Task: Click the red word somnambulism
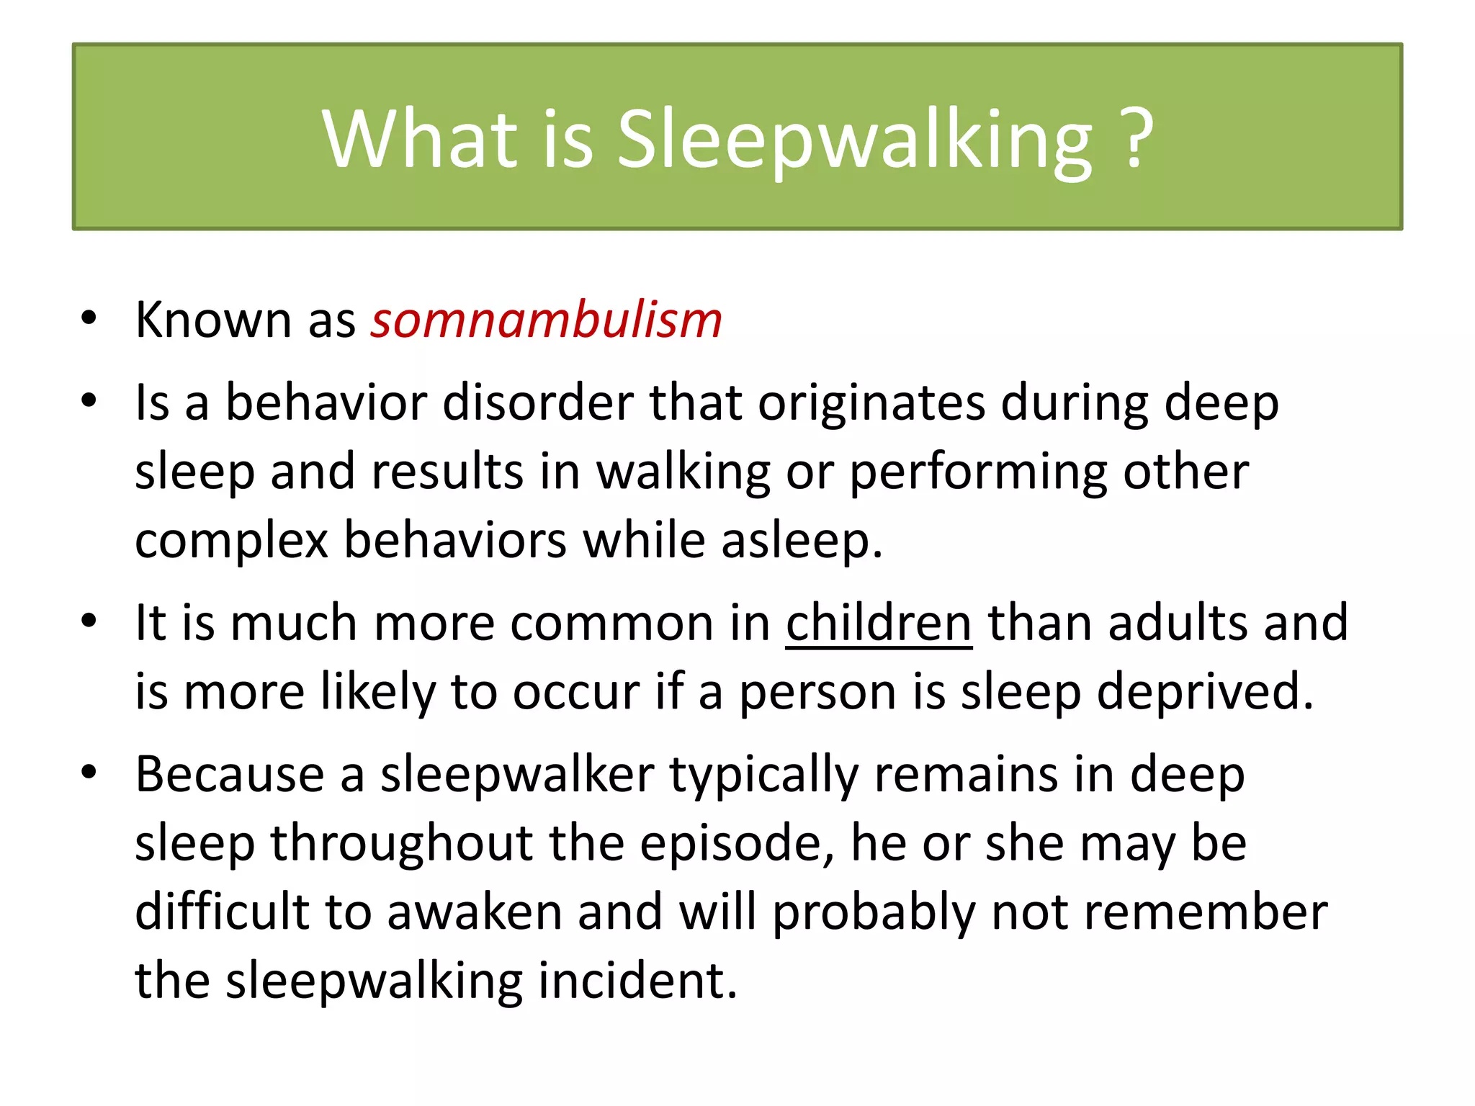coord(546,320)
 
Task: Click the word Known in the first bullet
coord(213,320)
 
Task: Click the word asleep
coord(801,541)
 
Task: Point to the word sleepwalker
coord(517,775)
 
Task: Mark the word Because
coord(230,775)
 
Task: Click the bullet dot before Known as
coord(89,318)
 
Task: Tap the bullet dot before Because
coord(89,773)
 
